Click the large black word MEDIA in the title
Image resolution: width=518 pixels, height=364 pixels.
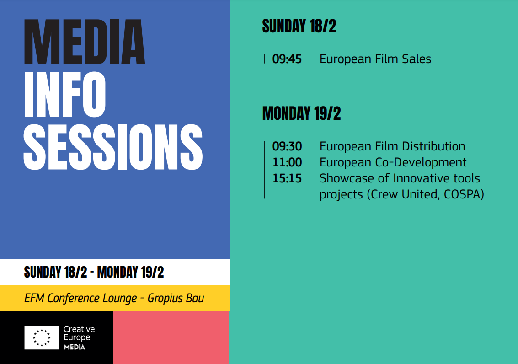pyautogui.click(x=85, y=42)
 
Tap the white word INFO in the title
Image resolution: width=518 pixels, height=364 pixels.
pyautogui.click(x=65, y=95)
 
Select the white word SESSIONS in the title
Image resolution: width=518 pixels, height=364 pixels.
pyautogui.click(x=113, y=147)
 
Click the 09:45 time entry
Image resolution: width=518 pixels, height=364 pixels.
pyautogui.click(x=287, y=59)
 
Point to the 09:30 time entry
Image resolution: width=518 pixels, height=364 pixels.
pyautogui.click(x=287, y=146)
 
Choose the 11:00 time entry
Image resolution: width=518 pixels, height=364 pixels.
pyautogui.click(x=287, y=162)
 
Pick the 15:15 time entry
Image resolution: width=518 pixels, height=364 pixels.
pyautogui.click(x=287, y=178)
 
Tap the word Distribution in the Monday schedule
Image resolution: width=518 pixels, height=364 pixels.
pyautogui.click(x=433, y=146)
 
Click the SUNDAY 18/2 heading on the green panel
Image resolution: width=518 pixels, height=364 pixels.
pyautogui.click(x=299, y=27)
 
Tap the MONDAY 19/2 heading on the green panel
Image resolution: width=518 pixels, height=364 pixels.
pyautogui.click(x=301, y=113)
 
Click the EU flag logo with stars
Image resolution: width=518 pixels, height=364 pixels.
pyautogui.click(x=42, y=337)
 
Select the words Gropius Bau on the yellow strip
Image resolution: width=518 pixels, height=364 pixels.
pyautogui.click(x=176, y=298)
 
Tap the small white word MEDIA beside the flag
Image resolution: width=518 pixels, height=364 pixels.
pyautogui.click(x=75, y=347)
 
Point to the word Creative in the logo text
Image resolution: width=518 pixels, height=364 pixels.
pyautogui.click(x=79, y=329)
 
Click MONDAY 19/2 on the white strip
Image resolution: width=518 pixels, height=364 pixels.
pyautogui.click(x=130, y=272)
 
